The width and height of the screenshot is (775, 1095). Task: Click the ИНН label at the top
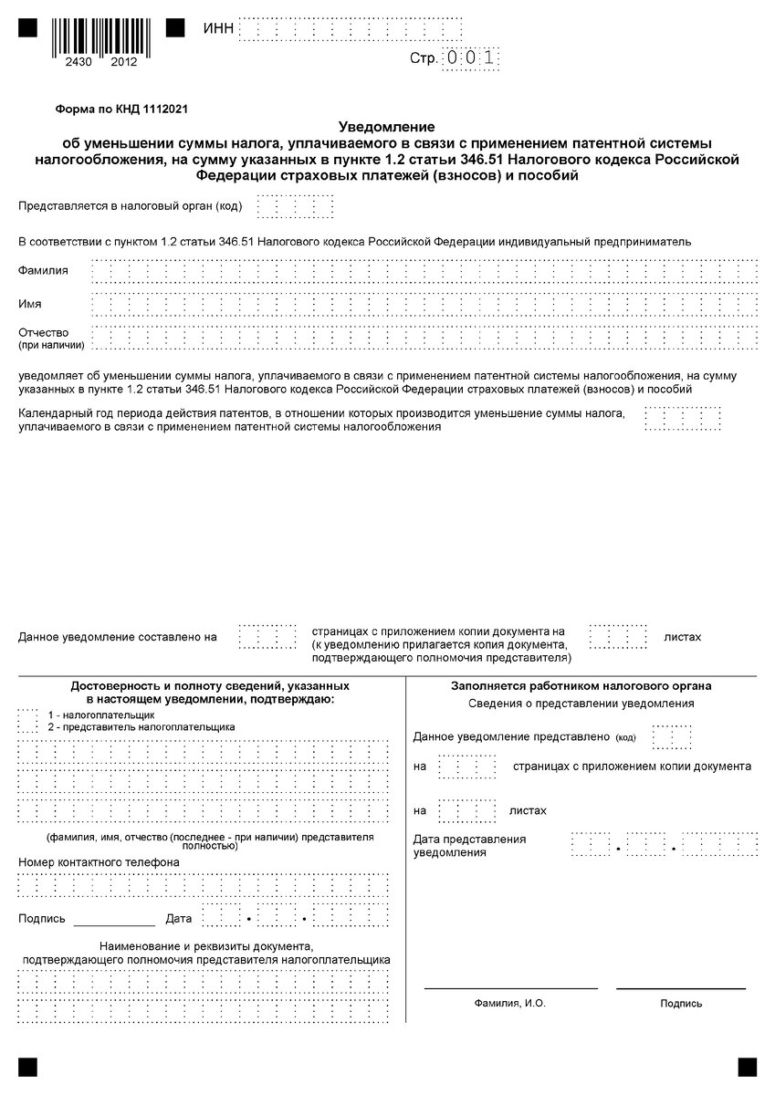[x=219, y=29]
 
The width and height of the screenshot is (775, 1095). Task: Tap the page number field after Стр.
[x=471, y=57]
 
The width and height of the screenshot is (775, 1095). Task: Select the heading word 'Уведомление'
[x=387, y=126]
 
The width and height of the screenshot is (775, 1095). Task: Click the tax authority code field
[x=295, y=206]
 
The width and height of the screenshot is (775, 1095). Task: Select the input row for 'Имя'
[x=424, y=304]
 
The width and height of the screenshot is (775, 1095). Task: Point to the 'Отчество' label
[x=43, y=332]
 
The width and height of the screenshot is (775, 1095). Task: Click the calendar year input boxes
[x=682, y=419]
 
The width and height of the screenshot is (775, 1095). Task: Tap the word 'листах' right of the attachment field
[x=683, y=636]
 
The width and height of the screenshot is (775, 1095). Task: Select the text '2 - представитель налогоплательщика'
[x=141, y=726]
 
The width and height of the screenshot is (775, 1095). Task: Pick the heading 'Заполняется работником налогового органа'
[x=581, y=686]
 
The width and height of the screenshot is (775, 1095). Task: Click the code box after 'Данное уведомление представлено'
[x=672, y=736]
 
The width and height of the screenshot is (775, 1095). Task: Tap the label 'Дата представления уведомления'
[x=470, y=845]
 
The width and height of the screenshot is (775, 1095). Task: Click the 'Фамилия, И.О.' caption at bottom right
[x=509, y=1003]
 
